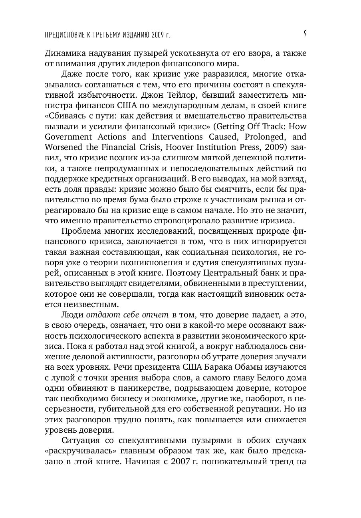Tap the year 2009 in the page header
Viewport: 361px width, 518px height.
pyautogui.click(x=157, y=35)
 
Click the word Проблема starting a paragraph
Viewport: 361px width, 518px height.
pyautogui.click(x=81, y=231)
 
